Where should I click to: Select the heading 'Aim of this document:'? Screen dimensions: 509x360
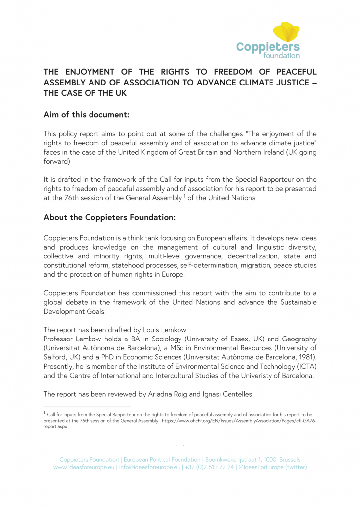click(87, 114)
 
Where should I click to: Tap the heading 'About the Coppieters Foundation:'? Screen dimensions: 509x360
click(110, 217)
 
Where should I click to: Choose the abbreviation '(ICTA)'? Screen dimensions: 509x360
click(305, 366)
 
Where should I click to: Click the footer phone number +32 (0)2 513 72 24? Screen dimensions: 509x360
click(209, 467)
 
